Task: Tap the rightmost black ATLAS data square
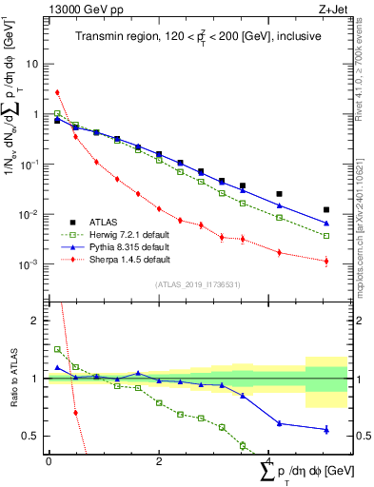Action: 326,209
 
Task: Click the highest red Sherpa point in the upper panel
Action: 57,92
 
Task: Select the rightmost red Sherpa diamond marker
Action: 326,261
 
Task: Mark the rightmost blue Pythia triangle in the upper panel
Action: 326,224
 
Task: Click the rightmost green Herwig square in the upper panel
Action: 326,236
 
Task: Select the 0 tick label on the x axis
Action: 49,460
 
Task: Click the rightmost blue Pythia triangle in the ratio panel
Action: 326,429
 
